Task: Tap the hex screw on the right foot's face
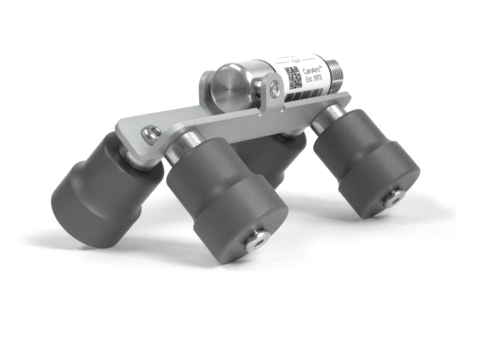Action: (393, 198)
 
